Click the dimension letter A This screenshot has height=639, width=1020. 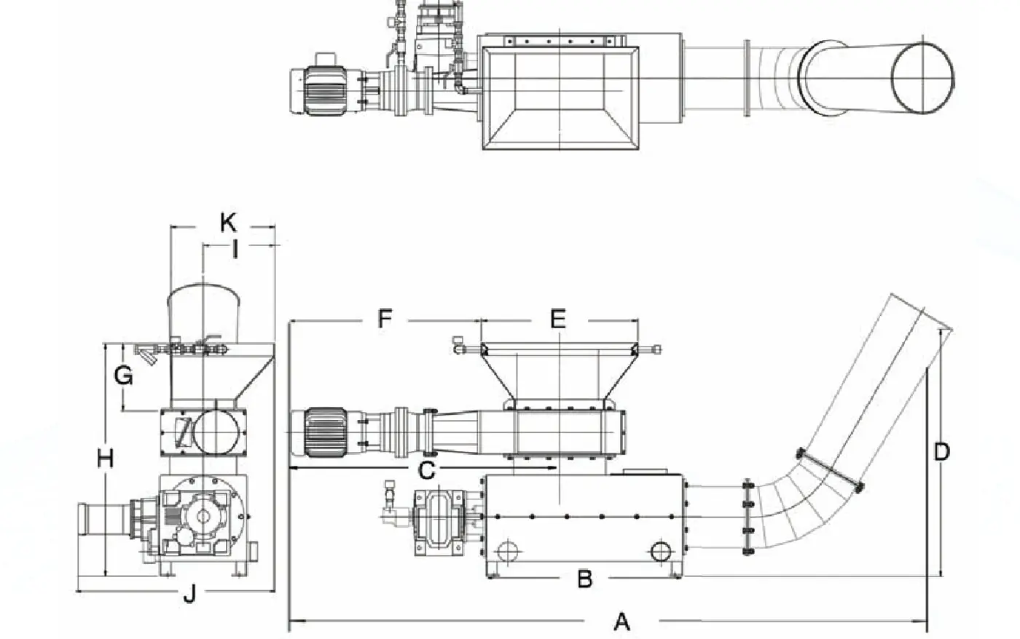[x=621, y=622]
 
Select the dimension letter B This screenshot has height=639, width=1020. [x=584, y=579]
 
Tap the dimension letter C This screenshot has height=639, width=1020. [x=427, y=471]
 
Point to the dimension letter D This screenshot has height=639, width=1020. [x=941, y=452]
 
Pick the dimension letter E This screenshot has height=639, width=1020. [x=557, y=319]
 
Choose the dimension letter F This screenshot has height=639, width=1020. [x=385, y=319]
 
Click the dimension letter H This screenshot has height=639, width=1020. [x=106, y=459]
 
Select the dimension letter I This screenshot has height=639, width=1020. [x=235, y=250]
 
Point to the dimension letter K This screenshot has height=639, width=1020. [x=229, y=222]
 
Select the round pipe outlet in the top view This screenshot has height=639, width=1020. [x=923, y=77]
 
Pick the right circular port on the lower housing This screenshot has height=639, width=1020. [x=661, y=551]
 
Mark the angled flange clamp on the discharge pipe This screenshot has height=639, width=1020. [x=831, y=470]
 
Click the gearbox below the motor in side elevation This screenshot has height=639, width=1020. [x=439, y=524]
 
